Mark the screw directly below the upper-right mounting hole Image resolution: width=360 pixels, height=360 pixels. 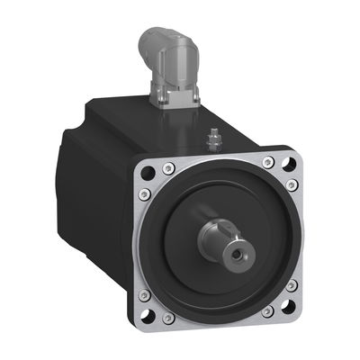292,184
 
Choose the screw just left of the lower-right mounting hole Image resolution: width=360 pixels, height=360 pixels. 267,311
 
